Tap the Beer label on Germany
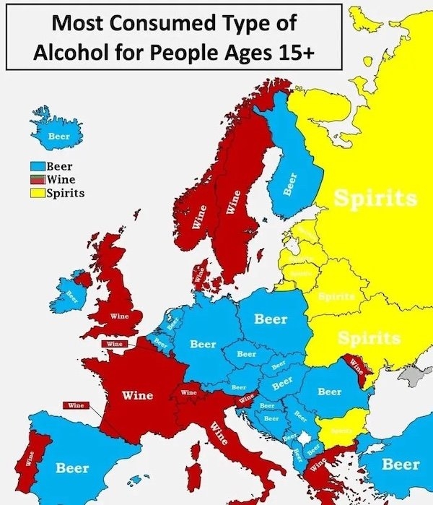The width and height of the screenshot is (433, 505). [x=203, y=345]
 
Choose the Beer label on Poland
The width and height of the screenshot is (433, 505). [x=271, y=319]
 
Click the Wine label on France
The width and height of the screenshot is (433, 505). [x=136, y=395]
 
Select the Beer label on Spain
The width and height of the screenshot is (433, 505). [x=73, y=468]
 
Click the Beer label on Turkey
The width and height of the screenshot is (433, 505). [x=400, y=464]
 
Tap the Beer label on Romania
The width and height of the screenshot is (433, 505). [x=330, y=392]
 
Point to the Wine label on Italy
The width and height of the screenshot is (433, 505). [x=222, y=433]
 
